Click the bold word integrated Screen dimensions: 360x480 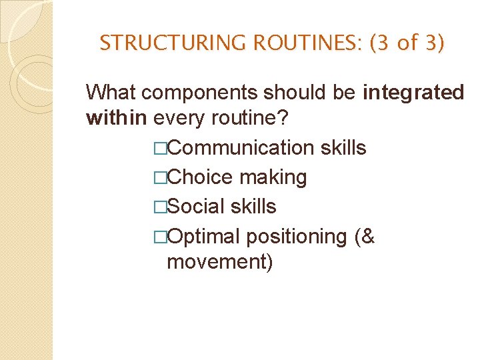[413, 93]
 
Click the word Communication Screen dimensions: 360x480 [241, 147]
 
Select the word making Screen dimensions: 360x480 [273, 177]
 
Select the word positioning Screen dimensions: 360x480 [296, 237]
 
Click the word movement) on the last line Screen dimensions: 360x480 [220, 262]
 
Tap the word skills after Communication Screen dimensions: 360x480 [343, 147]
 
